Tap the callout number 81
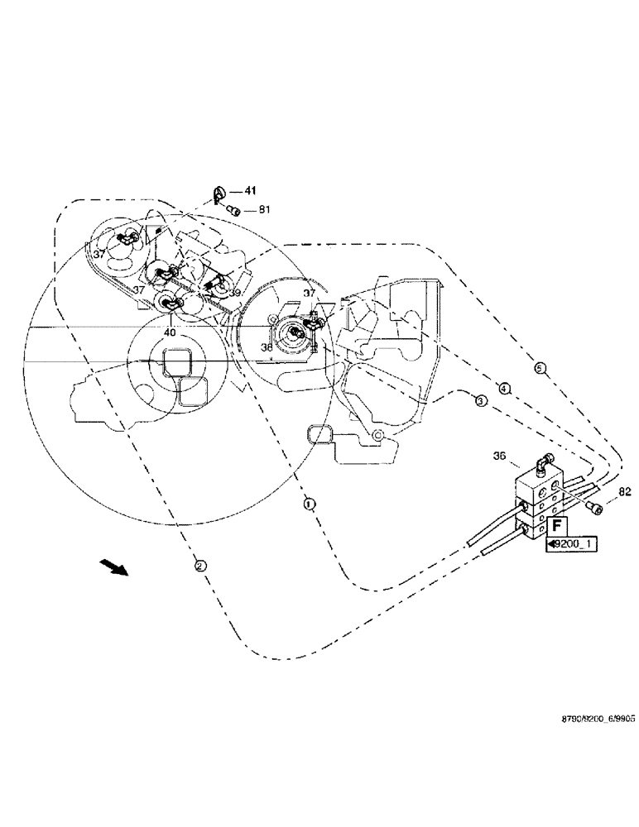pos(264,210)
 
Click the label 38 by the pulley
pos(267,348)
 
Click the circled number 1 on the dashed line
pos(308,502)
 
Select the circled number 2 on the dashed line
pos(199,566)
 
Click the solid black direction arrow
pos(114,567)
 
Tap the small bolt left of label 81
pos(234,211)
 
